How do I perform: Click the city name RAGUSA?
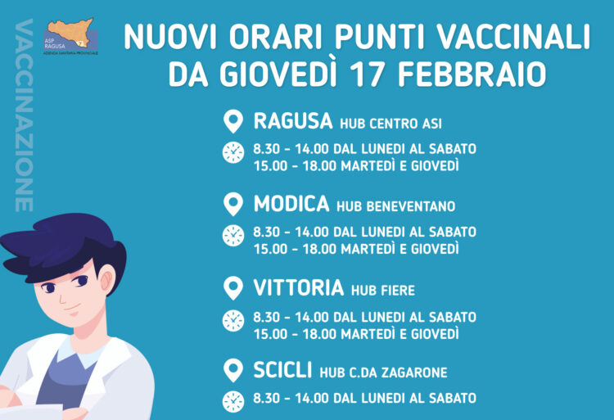(x=292, y=122)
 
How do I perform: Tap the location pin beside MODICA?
(x=233, y=204)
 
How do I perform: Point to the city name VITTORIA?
(x=298, y=288)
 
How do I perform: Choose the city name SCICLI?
(x=282, y=371)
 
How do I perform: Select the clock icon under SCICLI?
(x=233, y=400)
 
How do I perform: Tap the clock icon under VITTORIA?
(x=233, y=320)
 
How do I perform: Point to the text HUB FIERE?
(x=382, y=290)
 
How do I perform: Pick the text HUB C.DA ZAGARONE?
(x=383, y=373)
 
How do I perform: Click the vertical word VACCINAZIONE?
(x=24, y=115)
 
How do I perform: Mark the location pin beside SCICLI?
(x=233, y=371)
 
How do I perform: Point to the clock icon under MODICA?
(x=233, y=236)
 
